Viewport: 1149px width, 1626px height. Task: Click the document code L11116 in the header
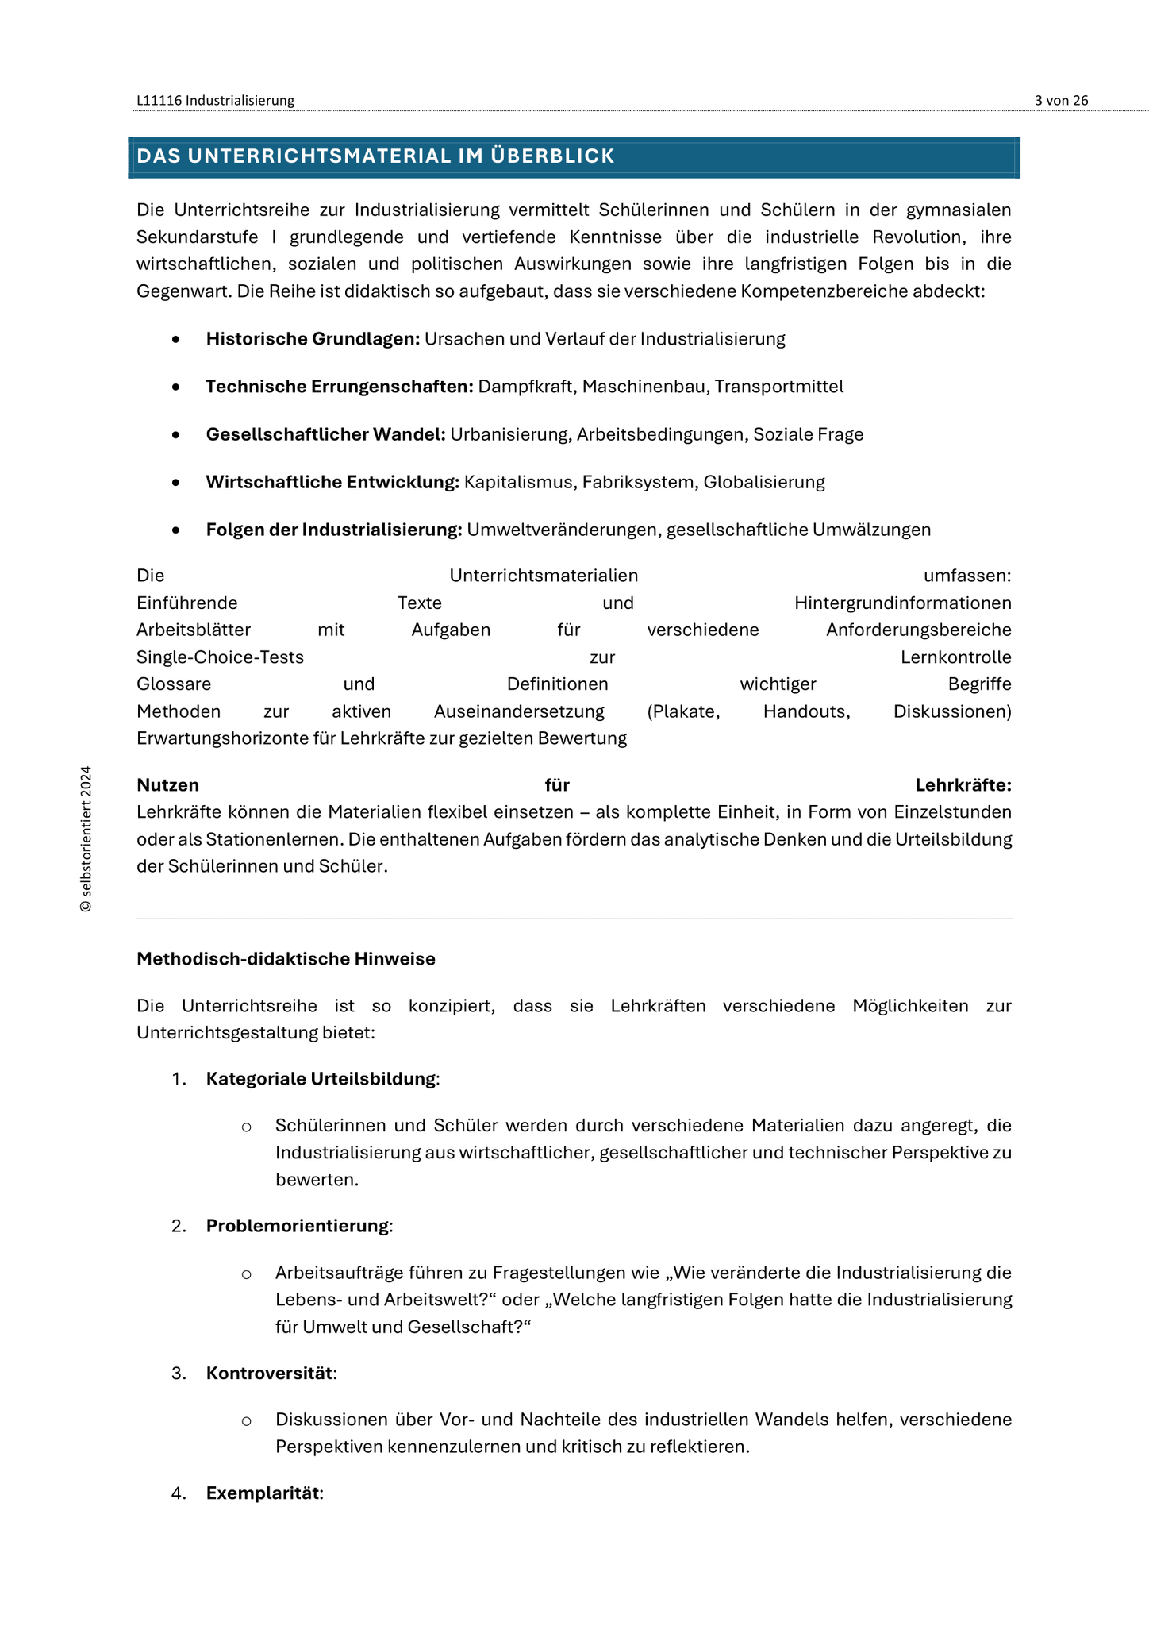(159, 101)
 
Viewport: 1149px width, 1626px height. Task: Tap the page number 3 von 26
(1061, 101)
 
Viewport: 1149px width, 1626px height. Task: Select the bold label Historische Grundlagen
(313, 339)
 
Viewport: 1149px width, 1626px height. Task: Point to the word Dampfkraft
(527, 387)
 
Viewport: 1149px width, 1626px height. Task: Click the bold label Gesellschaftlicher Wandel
(325, 434)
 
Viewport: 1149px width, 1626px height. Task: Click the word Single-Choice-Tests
(220, 657)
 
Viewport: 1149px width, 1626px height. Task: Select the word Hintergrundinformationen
(902, 603)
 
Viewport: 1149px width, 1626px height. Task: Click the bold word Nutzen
(167, 785)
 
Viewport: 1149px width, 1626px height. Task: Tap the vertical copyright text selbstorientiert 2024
(86, 839)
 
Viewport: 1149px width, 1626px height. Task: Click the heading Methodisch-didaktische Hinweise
(286, 959)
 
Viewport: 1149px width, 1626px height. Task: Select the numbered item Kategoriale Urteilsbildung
(321, 1079)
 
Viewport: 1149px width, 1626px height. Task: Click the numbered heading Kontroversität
(270, 1374)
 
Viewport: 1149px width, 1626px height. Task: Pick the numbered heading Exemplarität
(263, 1493)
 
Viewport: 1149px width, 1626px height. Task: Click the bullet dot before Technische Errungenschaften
(175, 387)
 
